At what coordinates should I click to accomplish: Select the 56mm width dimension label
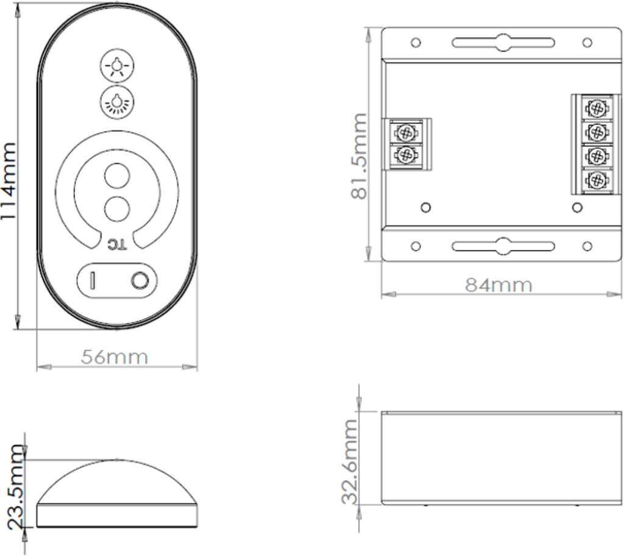(115, 357)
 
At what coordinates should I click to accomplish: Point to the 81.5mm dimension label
(359, 156)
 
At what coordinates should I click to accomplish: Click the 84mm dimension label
(499, 285)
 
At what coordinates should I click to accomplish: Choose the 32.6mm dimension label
(349, 461)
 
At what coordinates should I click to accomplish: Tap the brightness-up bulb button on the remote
(117, 65)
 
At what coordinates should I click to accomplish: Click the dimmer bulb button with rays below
(117, 101)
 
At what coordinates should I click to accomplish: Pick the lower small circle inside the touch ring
(117, 208)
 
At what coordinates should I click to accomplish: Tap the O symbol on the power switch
(140, 280)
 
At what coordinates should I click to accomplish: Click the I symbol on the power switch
(93, 280)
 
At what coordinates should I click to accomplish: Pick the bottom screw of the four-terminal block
(597, 180)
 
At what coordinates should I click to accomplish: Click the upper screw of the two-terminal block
(405, 132)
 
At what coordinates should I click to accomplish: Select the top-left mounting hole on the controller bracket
(416, 43)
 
